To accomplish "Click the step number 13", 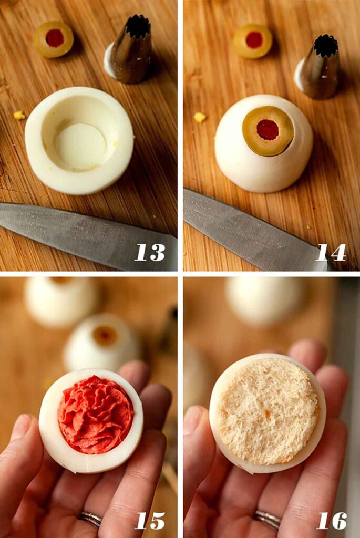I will pyautogui.click(x=150, y=252).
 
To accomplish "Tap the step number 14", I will pyautogui.click(x=331, y=252).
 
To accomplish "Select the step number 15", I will pyautogui.click(x=150, y=520).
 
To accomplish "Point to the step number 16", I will pyautogui.click(x=331, y=520).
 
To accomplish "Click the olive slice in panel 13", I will pyautogui.click(x=54, y=39).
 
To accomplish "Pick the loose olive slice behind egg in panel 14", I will pyautogui.click(x=253, y=41).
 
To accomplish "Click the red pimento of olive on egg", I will pyautogui.click(x=268, y=129).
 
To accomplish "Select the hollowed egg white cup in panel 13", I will pyautogui.click(x=79, y=140).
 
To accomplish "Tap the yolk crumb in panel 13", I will pyautogui.click(x=19, y=115).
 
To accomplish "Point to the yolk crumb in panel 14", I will pyautogui.click(x=200, y=117).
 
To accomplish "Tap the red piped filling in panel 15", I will pyautogui.click(x=95, y=415).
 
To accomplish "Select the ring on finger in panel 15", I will pyautogui.click(x=90, y=519).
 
